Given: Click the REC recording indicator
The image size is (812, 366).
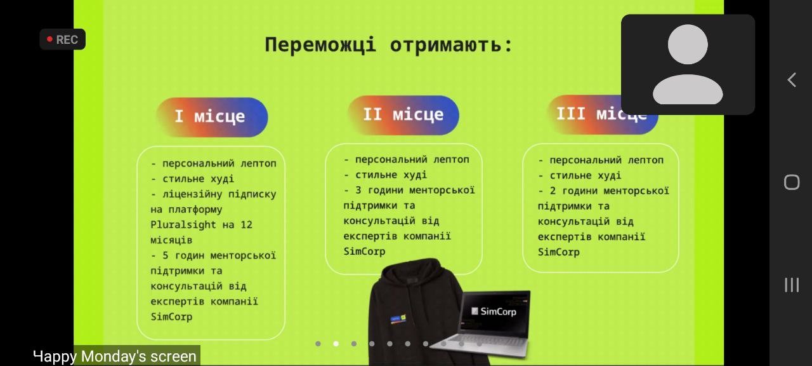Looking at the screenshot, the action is (62, 39).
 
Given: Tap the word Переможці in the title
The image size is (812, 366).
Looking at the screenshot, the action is (320, 45).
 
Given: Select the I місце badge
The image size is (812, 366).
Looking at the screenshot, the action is (212, 117).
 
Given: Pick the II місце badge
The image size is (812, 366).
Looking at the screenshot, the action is (403, 115).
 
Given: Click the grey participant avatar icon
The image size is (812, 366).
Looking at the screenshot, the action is (688, 64).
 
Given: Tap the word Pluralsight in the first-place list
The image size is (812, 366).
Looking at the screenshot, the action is (183, 225).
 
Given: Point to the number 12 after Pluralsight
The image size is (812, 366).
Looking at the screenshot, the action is (247, 225).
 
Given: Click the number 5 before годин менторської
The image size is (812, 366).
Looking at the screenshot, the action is (166, 255).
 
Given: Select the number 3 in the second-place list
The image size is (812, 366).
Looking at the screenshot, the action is (358, 190).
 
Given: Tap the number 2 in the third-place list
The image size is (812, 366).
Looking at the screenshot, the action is (553, 191).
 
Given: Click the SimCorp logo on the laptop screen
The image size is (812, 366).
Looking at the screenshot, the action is (494, 311).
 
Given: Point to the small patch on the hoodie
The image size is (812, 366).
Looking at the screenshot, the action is (398, 318).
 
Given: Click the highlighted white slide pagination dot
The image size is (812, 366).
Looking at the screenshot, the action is (336, 344).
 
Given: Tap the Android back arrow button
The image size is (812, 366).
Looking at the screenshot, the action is (792, 80).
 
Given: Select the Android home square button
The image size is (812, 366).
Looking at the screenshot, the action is (792, 182).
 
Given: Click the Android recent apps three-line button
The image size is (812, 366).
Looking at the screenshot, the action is (792, 285).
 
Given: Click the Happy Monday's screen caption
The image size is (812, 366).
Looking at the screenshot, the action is (115, 356).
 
